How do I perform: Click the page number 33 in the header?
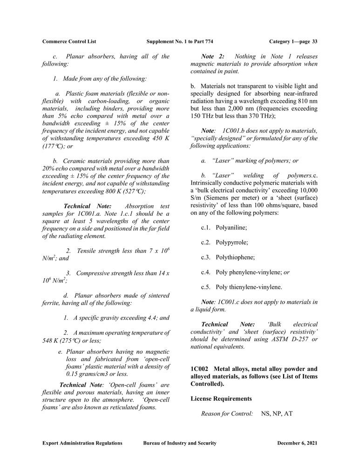(x=315, y=41)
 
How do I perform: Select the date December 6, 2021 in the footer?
(x=297, y=443)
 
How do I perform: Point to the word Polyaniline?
(x=231, y=227)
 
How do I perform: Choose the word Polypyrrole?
(x=231, y=242)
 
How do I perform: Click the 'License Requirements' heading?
(x=221, y=399)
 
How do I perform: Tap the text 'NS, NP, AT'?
(x=277, y=413)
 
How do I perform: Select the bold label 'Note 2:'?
(x=213, y=56)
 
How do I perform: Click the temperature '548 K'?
(x=51, y=341)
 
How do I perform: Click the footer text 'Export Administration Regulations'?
(x=82, y=443)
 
